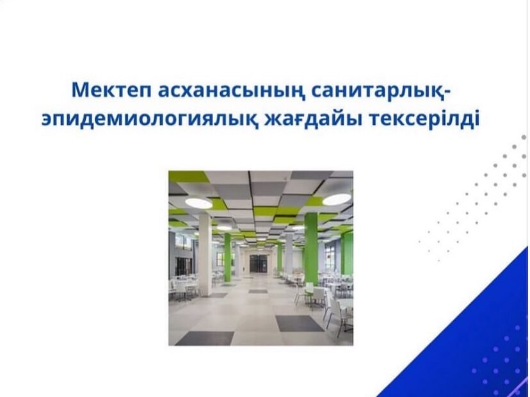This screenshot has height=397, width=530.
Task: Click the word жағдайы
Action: point(312,120)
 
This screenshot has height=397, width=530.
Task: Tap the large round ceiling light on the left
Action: point(198,203)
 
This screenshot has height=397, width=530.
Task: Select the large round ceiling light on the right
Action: point(337,200)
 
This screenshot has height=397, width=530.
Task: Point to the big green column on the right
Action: point(311,248)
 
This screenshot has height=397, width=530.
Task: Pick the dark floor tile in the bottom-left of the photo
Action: point(205,338)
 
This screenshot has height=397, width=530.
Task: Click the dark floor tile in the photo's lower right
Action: point(299,323)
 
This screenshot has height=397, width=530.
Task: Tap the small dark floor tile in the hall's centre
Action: point(258,291)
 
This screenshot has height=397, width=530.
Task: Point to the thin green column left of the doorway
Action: point(227,257)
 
